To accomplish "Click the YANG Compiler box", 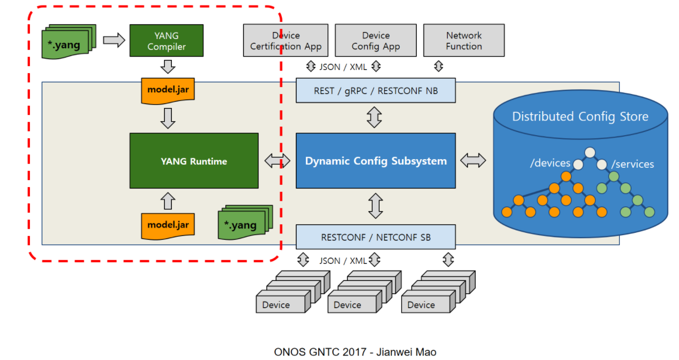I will [x=166, y=41].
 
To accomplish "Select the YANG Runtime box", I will [x=194, y=161].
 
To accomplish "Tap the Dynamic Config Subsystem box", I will [x=375, y=161].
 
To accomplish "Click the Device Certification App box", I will [x=286, y=41].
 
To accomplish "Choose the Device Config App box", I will [x=375, y=41].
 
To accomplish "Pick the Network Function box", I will [x=463, y=41].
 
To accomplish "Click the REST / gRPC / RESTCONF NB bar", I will [x=375, y=91].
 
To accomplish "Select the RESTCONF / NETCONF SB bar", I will [x=375, y=237].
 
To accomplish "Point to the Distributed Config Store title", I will [x=580, y=116].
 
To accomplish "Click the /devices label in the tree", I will [x=550, y=163].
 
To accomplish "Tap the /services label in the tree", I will [x=633, y=164].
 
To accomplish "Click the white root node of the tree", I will [x=589, y=153].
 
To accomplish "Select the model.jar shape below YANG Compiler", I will [x=168, y=90].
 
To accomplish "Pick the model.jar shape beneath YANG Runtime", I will [x=168, y=225].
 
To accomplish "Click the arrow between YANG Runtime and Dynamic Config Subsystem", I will [x=277, y=161].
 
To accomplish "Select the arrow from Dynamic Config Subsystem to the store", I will [x=473, y=160].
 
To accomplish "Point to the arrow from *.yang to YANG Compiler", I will [x=114, y=40].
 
